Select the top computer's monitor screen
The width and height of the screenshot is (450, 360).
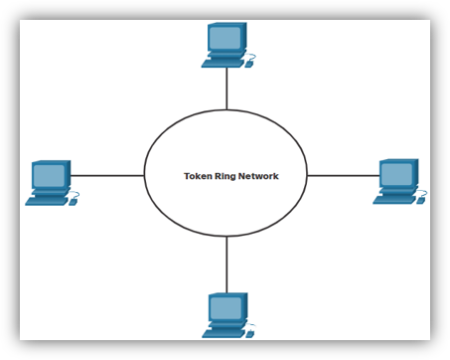click(x=225, y=39)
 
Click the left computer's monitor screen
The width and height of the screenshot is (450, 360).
click(x=48, y=176)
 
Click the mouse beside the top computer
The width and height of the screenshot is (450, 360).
click(x=250, y=63)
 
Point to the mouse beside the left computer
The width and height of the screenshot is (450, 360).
click(x=75, y=200)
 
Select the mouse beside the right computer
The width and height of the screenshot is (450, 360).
click(x=421, y=199)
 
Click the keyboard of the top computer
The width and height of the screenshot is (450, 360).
click(x=221, y=64)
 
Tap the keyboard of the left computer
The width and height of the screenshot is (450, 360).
click(x=45, y=201)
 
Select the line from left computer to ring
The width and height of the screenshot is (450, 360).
click(x=107, y=175)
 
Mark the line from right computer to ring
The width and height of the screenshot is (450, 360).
click(x=344, y=175)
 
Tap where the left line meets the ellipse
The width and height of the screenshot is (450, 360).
click(x=145, y=175)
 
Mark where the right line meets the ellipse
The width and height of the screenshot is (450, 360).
click(x=308, y=175)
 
